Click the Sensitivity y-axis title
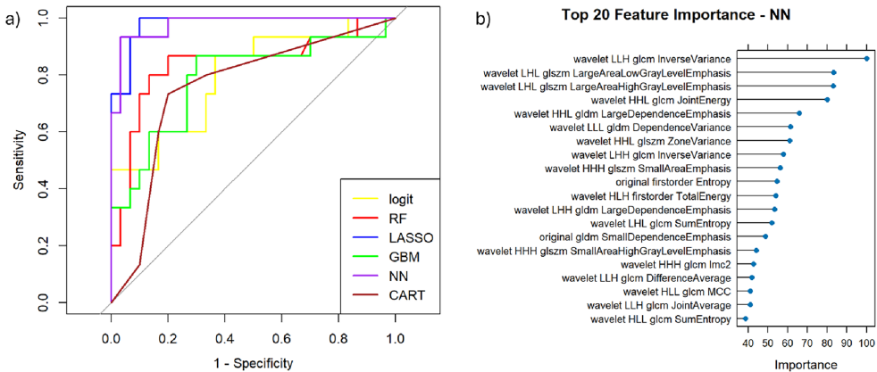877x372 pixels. pyautogui.click(x=19, y=161)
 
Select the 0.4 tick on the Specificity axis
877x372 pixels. pyautogui.click(x=224, y=339)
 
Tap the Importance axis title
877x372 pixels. pyautogui.click(x=806, y=363)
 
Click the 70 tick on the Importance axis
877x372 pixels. pyautogui.click(x=807, y=342)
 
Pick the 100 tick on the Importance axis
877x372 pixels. pyautogui.click(x=866, y=342)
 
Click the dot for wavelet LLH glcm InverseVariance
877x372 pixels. pyautogui.click(x=867, y=59)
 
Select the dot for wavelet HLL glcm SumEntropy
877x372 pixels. pyautogui.click(x=746, y=318)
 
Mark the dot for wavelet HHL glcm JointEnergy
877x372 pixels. pyautogui.click(x=827, y=100)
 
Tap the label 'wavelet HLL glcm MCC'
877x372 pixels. pyautogui.click(x=681, y=291)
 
